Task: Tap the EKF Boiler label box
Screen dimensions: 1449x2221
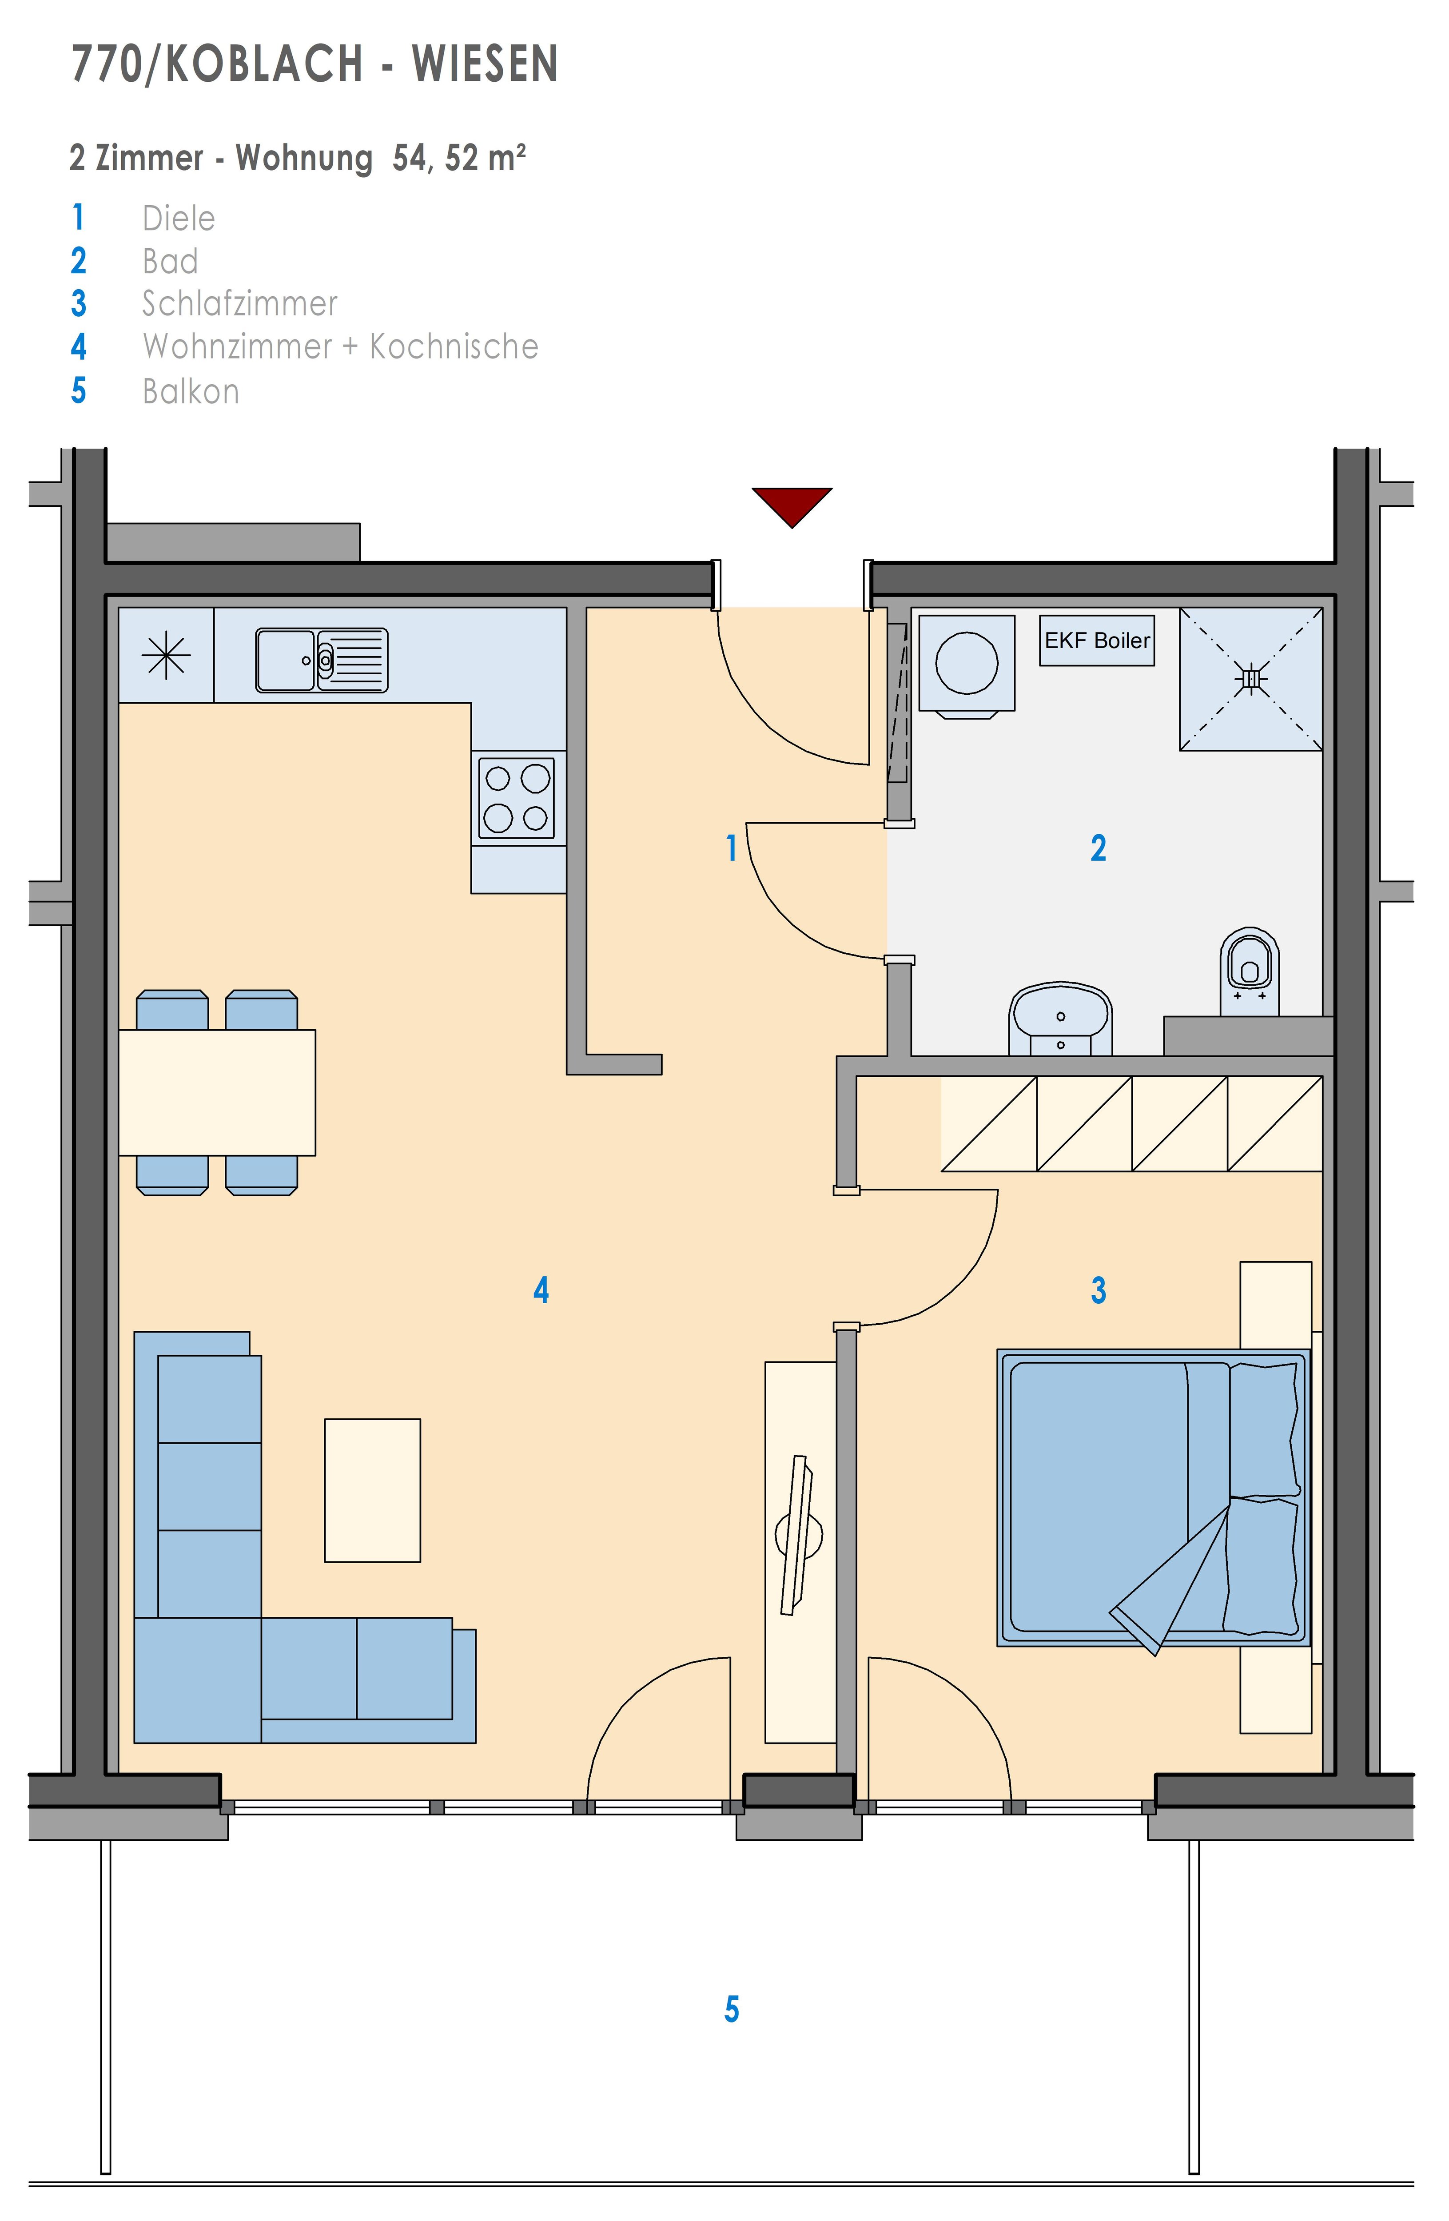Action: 1097,640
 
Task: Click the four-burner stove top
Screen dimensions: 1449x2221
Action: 517,798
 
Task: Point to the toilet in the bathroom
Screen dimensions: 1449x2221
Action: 1250,971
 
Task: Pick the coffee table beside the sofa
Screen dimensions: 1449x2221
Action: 372,1490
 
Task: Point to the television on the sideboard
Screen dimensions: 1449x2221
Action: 798,1535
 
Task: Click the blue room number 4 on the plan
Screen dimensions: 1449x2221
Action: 541,1290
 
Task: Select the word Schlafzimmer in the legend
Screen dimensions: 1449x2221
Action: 240,303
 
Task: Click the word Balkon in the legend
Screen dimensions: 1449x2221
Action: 191,391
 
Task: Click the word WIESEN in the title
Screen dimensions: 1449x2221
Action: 485,64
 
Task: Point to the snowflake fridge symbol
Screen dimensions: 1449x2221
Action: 166,655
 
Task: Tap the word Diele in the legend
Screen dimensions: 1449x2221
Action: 178,219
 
